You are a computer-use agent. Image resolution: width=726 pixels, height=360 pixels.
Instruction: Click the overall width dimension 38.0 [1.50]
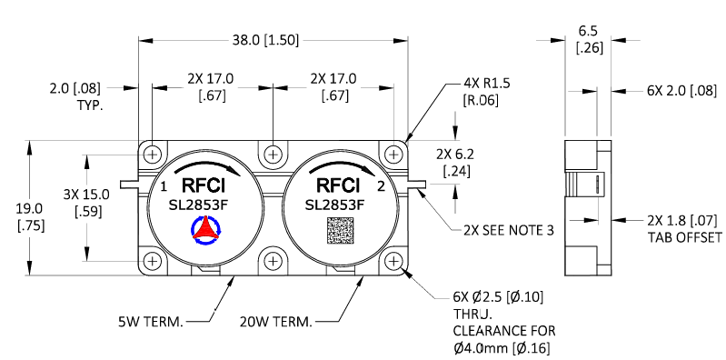(x=271, y=41)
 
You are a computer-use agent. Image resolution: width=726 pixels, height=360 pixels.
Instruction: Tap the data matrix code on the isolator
(x=333, y=230)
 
